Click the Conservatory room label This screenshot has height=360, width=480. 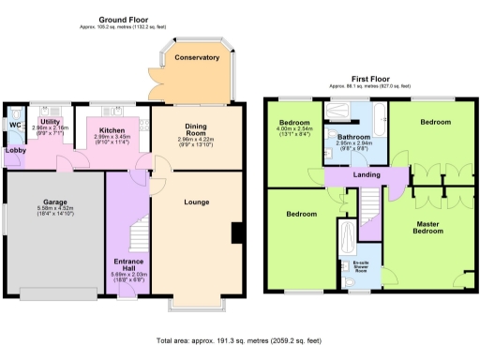pyautogui.click(x=197, y=58)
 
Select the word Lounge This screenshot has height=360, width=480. pyautogui.click(x=197, y=202)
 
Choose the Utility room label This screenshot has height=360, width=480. pyautogui.click(x=50, y=122)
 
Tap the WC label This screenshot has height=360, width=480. pyautogui.click(x=15, y=124)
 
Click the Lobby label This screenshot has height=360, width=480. pyautogui.click(x=15, y=150)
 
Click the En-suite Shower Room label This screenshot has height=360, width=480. pyautogui.click(x=360, y=267)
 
